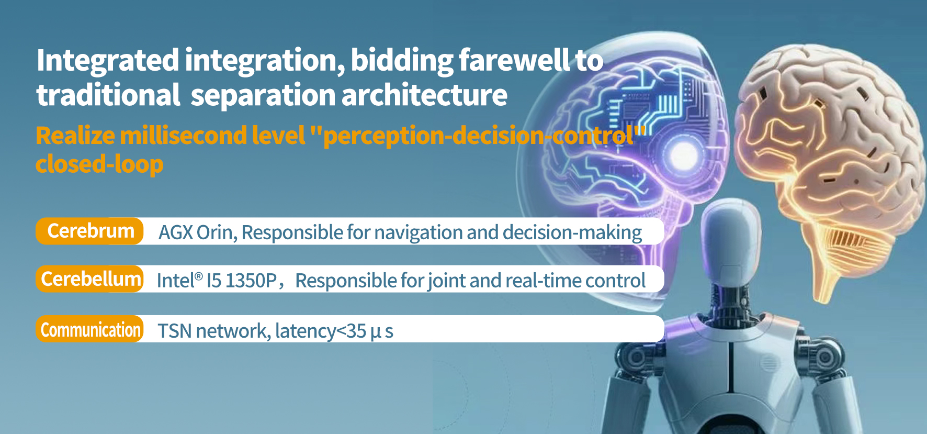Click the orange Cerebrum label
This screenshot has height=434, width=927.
tap(89, 231)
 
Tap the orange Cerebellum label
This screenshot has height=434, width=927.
tap(89, 279)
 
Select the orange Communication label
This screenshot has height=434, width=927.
tap(89, 329)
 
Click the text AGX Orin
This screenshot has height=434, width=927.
tap(198, 232)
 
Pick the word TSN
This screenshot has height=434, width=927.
tap(174, 331)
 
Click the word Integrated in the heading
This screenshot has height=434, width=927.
tap(108, 61)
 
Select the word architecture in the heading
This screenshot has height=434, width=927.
tap(424, 95)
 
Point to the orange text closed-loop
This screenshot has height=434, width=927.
tap(99, 164)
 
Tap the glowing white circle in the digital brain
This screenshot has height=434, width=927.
tap(683, 154)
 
